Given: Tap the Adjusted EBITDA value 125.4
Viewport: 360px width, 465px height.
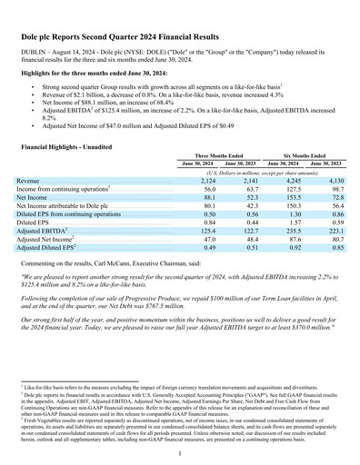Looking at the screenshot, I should (207, 231).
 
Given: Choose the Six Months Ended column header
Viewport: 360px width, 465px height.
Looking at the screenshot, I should (305, 155).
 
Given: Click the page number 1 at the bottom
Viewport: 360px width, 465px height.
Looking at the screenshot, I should (180, 452).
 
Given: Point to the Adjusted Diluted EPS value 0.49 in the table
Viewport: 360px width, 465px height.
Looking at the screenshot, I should (209, 247).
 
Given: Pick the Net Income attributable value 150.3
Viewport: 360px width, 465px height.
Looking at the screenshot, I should (287, 205).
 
